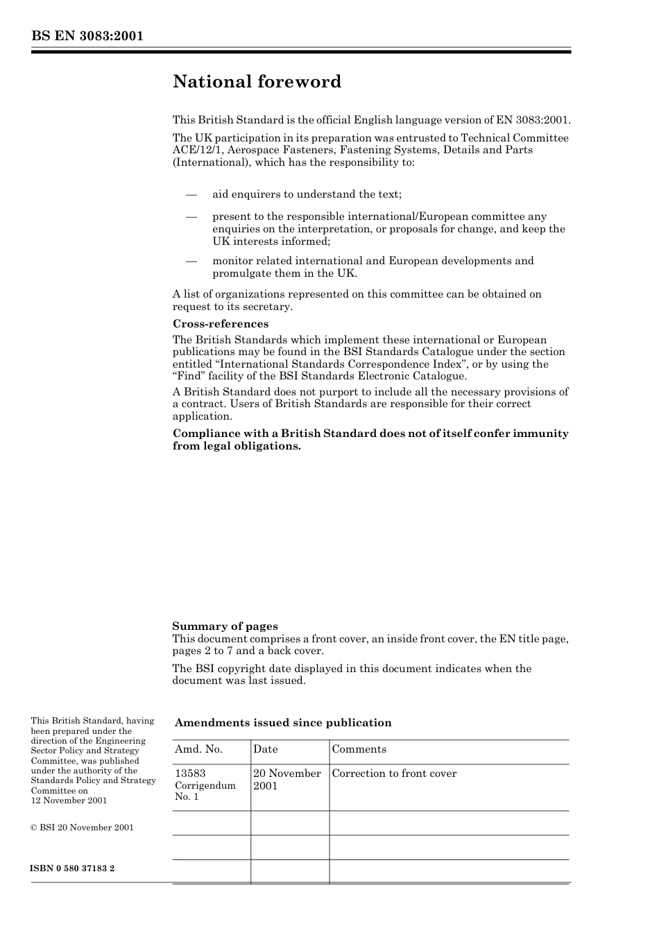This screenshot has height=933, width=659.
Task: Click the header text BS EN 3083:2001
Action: [87, 36]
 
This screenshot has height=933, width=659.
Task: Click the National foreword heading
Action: [257, 82]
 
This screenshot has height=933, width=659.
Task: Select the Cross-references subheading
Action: [220, 324]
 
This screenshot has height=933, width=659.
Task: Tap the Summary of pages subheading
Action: [225, 626]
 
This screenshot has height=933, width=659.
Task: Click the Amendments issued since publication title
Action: [283, 723]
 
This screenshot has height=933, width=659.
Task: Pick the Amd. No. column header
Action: [198, 749]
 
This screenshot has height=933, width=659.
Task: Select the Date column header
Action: [265, 749]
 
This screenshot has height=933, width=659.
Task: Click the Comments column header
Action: [359, 749]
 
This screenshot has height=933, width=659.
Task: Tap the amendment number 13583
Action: [190, 773]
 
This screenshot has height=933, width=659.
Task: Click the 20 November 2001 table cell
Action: [286, 779]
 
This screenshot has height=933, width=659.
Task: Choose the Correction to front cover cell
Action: [394, 773]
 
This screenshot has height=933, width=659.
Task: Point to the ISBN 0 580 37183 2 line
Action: [73, 868]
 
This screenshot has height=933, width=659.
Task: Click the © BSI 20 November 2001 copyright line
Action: [82, 828]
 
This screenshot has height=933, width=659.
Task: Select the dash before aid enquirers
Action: [192, 194]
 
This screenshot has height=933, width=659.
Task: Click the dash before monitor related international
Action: [192, 261]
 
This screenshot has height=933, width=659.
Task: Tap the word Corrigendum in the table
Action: [205, 785]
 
